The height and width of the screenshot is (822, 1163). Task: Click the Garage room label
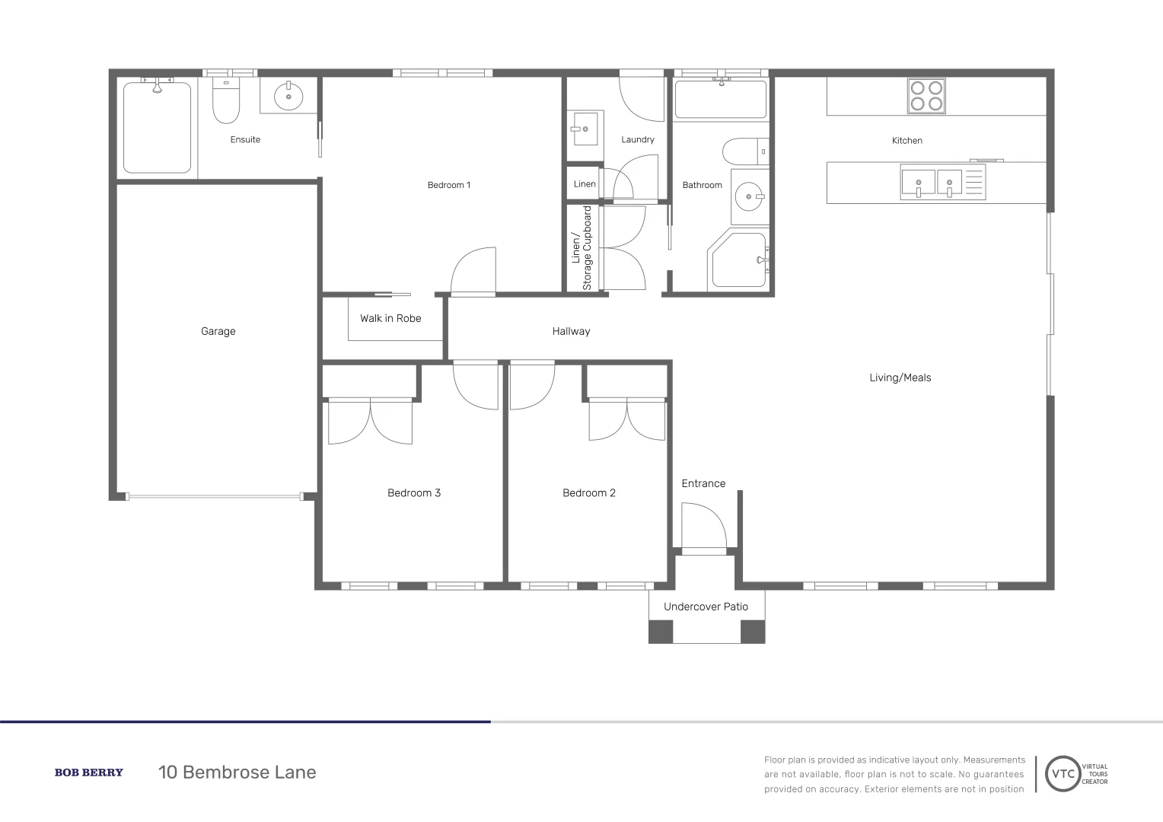coord(218,331)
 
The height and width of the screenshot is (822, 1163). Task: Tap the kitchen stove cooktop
coord(926,96)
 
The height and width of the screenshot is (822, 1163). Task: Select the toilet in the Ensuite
coord(226,103)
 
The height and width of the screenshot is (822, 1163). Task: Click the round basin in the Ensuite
coord(288,97)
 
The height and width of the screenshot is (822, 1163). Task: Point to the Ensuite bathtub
coord(158,128)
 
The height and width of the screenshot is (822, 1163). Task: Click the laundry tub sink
coord(585,129)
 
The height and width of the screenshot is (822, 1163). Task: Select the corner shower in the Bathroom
coord(738,260)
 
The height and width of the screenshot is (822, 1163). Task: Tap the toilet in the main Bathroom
coord(744,151)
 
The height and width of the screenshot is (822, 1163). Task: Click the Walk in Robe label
coord(390,318)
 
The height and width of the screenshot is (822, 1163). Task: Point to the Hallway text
coord(571,331)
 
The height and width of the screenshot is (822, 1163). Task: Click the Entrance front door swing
coord(704,527)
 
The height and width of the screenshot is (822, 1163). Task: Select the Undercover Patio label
coord(706,607)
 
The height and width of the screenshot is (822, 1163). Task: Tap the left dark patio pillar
coord(661,632)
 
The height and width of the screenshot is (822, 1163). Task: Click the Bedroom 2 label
coord(589,492)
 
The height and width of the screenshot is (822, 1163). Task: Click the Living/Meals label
coord(900,378)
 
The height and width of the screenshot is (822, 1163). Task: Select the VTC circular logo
coord(1064,774)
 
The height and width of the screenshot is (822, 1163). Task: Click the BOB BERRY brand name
coord(88,773)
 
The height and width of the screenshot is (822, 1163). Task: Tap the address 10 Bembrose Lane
coord(237,773)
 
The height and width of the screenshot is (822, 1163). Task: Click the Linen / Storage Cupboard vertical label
coord(581,248)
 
